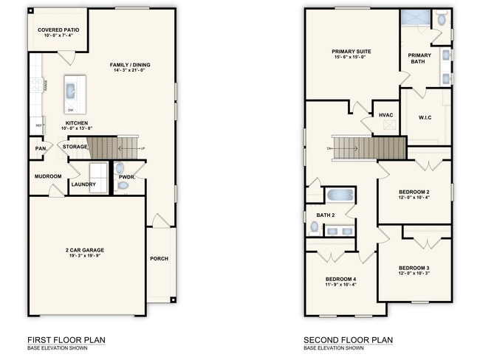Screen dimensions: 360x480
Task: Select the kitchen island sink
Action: tap(71, 91)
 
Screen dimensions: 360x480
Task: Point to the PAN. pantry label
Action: tap(41, 148)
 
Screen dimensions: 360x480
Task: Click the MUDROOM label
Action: tap(48, 176)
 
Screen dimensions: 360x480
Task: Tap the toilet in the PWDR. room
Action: tap(123, 185)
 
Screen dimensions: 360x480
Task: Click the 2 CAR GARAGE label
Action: tap(87, 250)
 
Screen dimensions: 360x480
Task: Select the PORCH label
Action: tap(159, 258)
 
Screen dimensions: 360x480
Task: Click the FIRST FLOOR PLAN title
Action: tap(66, 340)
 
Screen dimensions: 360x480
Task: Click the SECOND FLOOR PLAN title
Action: tap(347, 340)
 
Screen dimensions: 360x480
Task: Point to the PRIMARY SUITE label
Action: tap(351, 52)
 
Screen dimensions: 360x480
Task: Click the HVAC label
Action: tap(385, 115)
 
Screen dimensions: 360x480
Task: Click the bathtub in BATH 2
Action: tap(340, 196)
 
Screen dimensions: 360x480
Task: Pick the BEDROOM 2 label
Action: tap(414, 192)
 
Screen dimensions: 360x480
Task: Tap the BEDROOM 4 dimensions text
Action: tap(340, 284)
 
